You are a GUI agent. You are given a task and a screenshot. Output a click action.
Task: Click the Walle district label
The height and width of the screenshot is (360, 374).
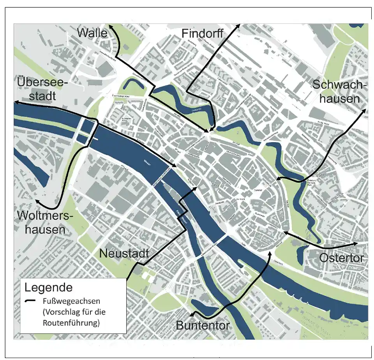92,33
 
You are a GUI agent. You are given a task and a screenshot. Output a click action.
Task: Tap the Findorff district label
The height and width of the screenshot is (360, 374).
202,34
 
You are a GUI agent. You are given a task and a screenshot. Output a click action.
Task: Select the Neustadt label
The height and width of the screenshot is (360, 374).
124,253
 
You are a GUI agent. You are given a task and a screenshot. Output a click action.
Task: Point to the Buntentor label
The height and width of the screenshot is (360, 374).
203,325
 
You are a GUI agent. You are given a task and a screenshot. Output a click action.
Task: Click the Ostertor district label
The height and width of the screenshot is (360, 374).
341,258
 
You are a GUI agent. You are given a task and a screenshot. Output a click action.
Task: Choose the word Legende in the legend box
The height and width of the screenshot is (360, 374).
48,288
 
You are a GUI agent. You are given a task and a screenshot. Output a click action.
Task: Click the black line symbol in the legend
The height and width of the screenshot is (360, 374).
30,302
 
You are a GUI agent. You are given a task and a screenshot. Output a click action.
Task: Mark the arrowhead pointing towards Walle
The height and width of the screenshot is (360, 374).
111,26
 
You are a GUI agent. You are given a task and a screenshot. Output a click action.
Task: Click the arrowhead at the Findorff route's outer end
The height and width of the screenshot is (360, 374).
238,26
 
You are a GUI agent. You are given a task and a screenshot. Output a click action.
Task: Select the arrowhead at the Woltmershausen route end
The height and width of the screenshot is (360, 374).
37,201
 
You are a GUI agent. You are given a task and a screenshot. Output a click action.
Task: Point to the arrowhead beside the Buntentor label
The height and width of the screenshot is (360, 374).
191,316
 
